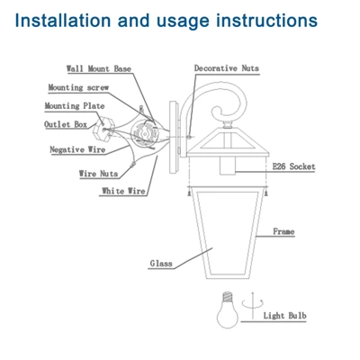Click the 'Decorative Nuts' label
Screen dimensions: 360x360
[226, 69]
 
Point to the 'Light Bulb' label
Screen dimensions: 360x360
[286, 316]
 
